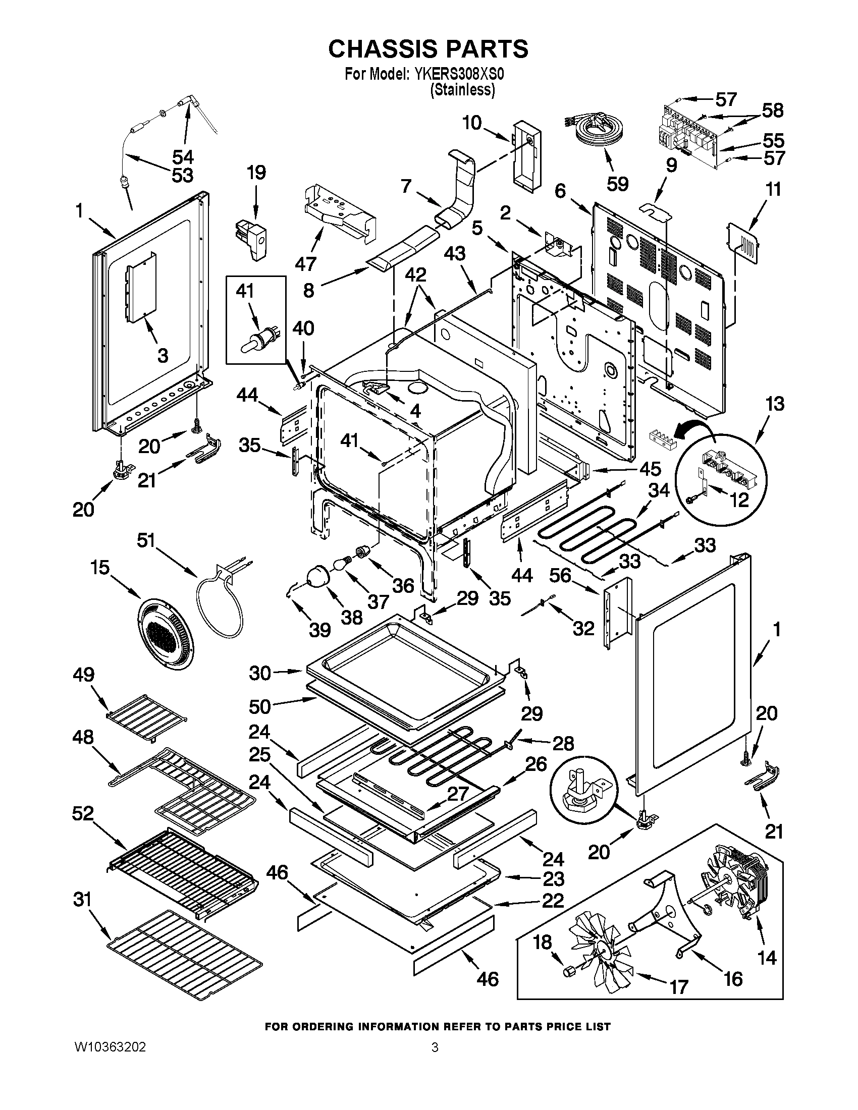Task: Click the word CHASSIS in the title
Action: [383, 49]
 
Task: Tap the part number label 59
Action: [617, 184]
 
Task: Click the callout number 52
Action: [83, 813]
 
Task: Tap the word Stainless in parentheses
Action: [462, 90]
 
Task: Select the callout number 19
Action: [256, 173]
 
